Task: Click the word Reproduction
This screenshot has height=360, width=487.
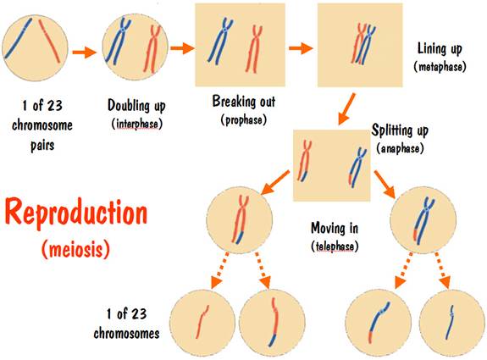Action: (x=76, y=213)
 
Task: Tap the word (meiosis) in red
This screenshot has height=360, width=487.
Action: (x=75, y=249)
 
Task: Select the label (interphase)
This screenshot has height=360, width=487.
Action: (x=137, y=124)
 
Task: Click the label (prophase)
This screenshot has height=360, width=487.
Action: (x=244, y=120)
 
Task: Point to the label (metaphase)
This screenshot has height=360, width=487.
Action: (x=440, y=66)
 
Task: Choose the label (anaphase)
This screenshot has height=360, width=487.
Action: (x=400, y=148)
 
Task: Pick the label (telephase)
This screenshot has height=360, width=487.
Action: (x=335, y=246)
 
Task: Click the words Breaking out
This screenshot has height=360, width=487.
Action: (x=244, y=102)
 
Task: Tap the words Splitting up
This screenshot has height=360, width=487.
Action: (x=400, y=130)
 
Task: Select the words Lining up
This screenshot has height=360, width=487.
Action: (x=440, y=49)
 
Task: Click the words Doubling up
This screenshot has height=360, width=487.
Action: (x=136, y=106)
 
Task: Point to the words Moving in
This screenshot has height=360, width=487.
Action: (x=335, y=228)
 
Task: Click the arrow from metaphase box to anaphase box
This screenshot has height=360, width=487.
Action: (x=346, y=108)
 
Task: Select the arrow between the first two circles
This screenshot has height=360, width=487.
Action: (x=85, y=52)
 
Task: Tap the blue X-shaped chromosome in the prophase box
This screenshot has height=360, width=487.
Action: (x=221, y=41)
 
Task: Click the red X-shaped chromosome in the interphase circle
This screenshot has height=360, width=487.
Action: (x=152, y=49)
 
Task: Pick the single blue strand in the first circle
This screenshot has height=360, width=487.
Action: (x=18, y=38)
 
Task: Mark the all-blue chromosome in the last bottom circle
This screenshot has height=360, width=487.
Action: (x=450, y=323)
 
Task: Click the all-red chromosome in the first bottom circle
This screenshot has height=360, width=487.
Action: (x=202, y=322)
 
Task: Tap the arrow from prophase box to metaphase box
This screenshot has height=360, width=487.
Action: (x=301, y=48)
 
